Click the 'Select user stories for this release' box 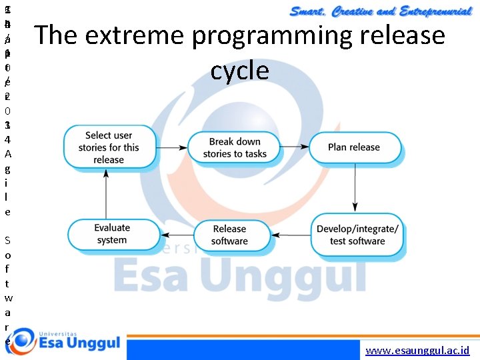[109, 147]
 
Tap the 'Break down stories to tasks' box [234, 147]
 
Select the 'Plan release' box [353, 147]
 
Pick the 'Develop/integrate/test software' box [357, 235]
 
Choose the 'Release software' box [230, 235]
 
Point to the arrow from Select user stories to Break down [169, 147]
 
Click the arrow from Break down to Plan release [293, 147]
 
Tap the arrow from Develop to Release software [291, 235]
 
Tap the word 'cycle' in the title [240, 70]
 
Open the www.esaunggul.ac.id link [418, 350]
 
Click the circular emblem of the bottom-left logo [19, 343]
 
